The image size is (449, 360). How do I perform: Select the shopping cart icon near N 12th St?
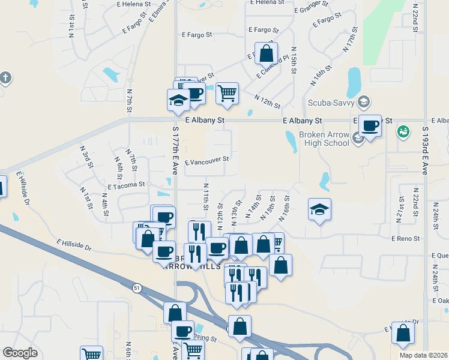(x=227, y=93)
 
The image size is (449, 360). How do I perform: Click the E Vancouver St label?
(x=207, y=160)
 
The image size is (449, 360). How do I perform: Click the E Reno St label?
(x=405, y=239)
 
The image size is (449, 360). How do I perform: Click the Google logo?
(x=20, y=353)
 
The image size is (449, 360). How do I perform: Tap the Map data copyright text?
(x=423, y=356)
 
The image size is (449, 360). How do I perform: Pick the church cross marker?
(x=5, y=78)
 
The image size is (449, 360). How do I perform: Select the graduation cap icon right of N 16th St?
(x=319, y=209)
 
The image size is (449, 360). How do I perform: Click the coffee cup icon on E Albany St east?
(x=370, y=125)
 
